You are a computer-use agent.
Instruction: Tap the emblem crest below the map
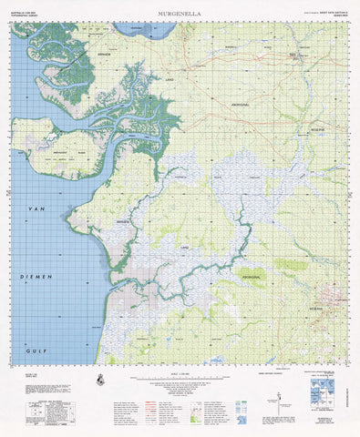(x=99, y=380)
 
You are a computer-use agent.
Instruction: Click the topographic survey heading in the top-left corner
(x=26, y=15)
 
